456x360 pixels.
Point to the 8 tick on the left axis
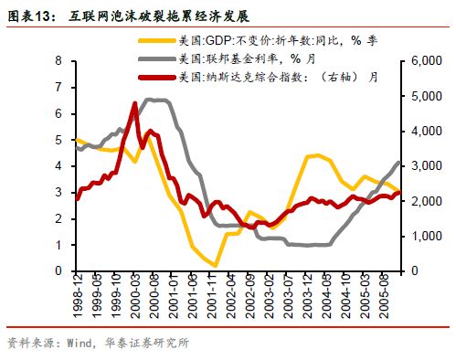(x=58, y=61)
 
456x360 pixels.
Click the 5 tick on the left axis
(x=58, y=140)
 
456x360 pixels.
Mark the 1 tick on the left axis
(x=58, y=245)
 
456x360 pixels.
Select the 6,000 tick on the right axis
(x=424, y=61)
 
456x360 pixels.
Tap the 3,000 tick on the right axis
(x=424, y=166)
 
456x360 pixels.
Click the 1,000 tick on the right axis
(x=424, y=237)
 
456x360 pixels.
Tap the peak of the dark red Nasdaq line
(x=135, y=104)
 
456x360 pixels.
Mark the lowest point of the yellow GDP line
(x=215, y=266)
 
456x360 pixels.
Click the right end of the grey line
(x=399, y=162)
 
